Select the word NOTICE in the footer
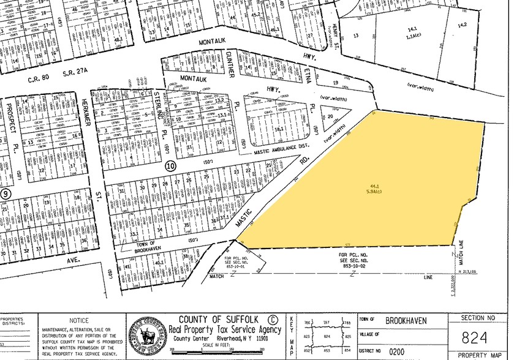point(79,320)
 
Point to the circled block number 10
point(171,166)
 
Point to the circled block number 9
point(6,194)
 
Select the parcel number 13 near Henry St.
point(356,36)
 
